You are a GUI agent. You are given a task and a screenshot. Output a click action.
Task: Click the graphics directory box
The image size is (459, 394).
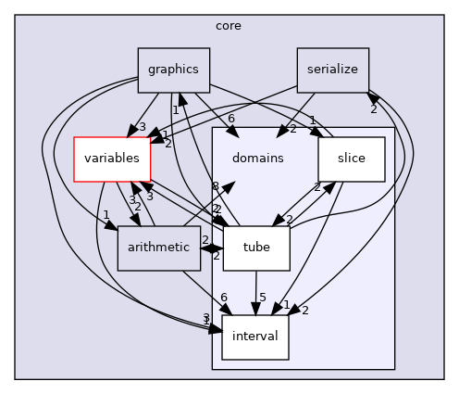173,69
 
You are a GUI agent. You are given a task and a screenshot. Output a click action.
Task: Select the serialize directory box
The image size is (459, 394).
333,69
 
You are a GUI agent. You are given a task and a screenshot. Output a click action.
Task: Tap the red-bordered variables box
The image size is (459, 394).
111,158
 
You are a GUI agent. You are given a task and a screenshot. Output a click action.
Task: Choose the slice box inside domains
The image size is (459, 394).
351,158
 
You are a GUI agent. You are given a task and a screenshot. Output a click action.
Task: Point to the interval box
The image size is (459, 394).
255,337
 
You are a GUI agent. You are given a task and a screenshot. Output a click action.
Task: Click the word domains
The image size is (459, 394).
258,159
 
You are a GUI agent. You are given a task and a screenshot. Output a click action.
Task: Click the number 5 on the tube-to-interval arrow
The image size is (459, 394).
262,298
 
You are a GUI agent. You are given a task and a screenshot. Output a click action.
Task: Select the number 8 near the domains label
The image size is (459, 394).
215,186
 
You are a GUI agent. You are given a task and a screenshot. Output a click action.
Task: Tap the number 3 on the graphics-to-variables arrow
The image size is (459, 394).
142,127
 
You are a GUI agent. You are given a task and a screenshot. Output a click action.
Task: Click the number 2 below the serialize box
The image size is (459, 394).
374,108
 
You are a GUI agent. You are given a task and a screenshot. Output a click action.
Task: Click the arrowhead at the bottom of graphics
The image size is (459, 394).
181,97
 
